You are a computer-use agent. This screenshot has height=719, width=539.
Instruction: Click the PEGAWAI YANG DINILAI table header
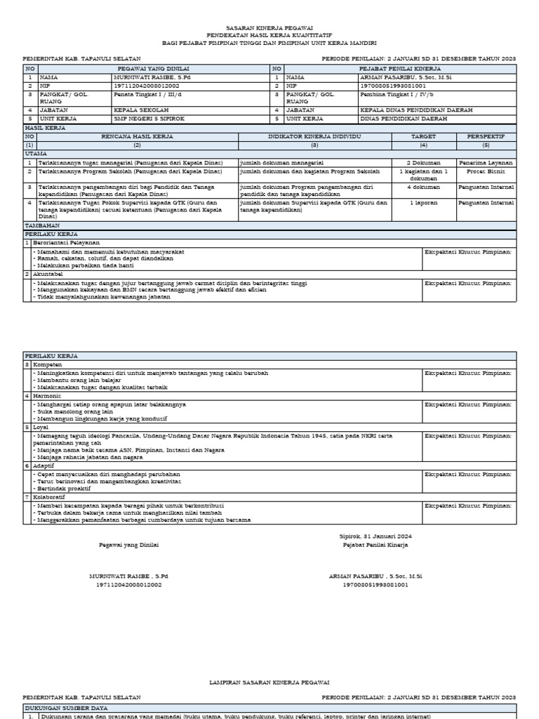click(x=147, y=69)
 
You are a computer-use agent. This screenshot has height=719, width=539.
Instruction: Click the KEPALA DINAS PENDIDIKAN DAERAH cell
click(x=415, y=110)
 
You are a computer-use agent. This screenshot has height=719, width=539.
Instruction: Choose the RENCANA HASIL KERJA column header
click(x=138, y=136)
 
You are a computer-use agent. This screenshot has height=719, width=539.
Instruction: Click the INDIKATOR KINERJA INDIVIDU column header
click(x=314, y=136)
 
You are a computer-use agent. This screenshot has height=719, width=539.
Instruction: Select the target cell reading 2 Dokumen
click(x=423, y=162)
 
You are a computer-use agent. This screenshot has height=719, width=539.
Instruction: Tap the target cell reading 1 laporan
click(x=423, y=203)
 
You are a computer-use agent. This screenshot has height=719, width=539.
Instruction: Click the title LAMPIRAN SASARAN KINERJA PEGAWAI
click(x=269, y=682)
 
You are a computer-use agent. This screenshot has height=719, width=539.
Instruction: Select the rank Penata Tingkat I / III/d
click(x=147, y=93)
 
